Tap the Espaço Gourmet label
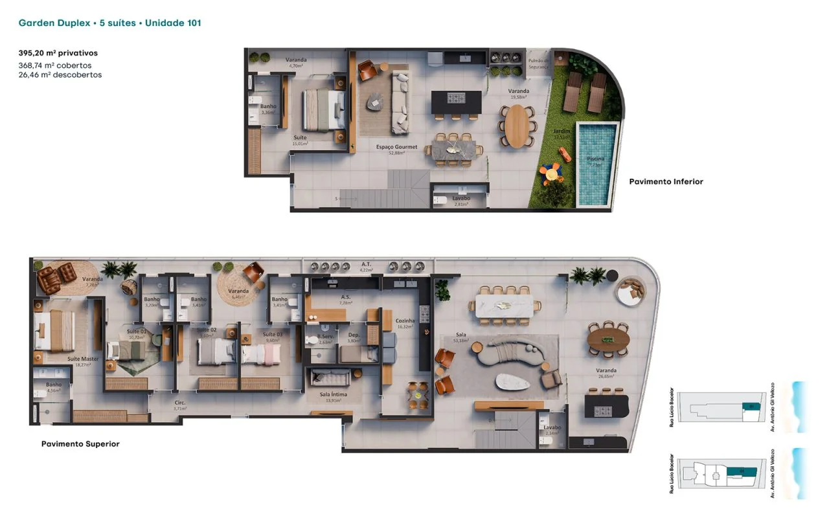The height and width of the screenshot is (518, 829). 396,147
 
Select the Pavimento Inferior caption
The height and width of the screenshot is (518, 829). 666,182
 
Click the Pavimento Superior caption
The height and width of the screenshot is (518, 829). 80,444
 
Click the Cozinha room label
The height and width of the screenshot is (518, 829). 405,321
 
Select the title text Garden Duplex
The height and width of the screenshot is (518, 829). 54,23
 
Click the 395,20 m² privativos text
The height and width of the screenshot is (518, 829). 58,53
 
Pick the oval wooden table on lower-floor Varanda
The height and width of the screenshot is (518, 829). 517,126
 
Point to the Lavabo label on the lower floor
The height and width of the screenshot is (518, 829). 461,198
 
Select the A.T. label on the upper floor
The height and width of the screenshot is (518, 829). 366,264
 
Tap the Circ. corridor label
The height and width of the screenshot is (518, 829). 180,403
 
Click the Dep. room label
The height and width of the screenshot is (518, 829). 354,335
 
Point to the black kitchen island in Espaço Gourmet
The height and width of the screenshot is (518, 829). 457,101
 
